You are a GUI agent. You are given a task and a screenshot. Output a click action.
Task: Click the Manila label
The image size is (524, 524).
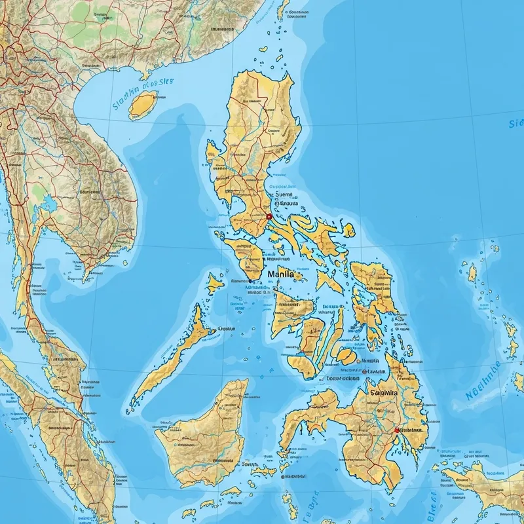(281, 275)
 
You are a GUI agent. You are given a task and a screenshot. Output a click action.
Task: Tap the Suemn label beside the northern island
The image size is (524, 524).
(282, 194)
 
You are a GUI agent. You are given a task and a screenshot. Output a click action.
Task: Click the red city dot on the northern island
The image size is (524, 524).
(269, 216)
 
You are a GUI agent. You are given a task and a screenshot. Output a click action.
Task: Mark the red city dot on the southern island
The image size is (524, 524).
(396, 430)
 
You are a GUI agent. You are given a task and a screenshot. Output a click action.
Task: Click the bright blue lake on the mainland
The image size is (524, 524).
(47, 206)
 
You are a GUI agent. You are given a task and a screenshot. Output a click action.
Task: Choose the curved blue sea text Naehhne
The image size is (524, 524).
(483, 382)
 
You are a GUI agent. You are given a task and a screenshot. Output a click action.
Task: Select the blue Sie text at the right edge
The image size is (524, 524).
(516, 123)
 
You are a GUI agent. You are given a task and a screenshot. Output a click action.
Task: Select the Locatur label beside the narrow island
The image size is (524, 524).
(227, 329)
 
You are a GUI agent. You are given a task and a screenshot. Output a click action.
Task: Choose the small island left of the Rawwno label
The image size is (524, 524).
(214, 283)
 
